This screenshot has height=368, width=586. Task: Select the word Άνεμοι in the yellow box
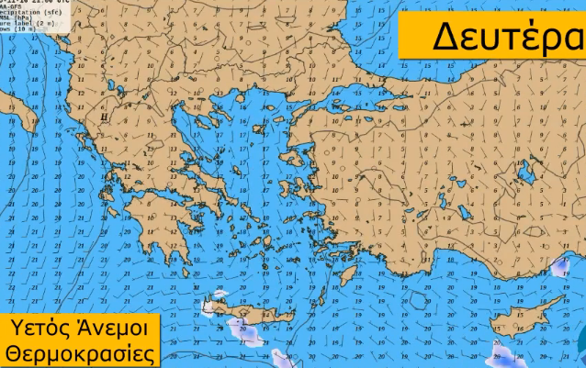(x=109, y=327)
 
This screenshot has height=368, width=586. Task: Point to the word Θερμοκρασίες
(x=79, y=353)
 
